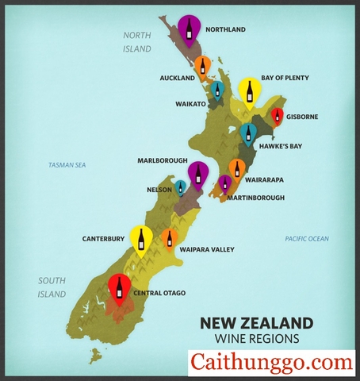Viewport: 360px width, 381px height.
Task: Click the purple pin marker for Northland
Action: (189, 28)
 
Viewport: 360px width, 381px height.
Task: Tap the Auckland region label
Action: (177, 79)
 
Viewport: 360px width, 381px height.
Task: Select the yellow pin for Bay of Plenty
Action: (250, 91)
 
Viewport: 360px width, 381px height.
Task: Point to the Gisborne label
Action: (301, 117)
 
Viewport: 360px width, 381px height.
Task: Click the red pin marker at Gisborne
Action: (277, 117)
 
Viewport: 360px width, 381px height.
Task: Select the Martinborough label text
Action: (255, 198)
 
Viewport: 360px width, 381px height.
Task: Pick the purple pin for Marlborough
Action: (198, 173)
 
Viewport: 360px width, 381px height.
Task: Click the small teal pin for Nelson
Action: (181, 187)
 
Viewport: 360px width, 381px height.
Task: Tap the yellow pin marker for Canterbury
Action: (142, 238)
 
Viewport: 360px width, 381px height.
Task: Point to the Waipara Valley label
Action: (207, 250)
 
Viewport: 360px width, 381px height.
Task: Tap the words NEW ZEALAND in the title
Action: (255, 323)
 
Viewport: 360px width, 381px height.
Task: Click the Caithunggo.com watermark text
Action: (271, 363)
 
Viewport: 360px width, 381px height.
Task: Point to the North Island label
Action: (137, 41)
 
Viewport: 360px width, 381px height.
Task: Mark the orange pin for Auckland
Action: (203, 64)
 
